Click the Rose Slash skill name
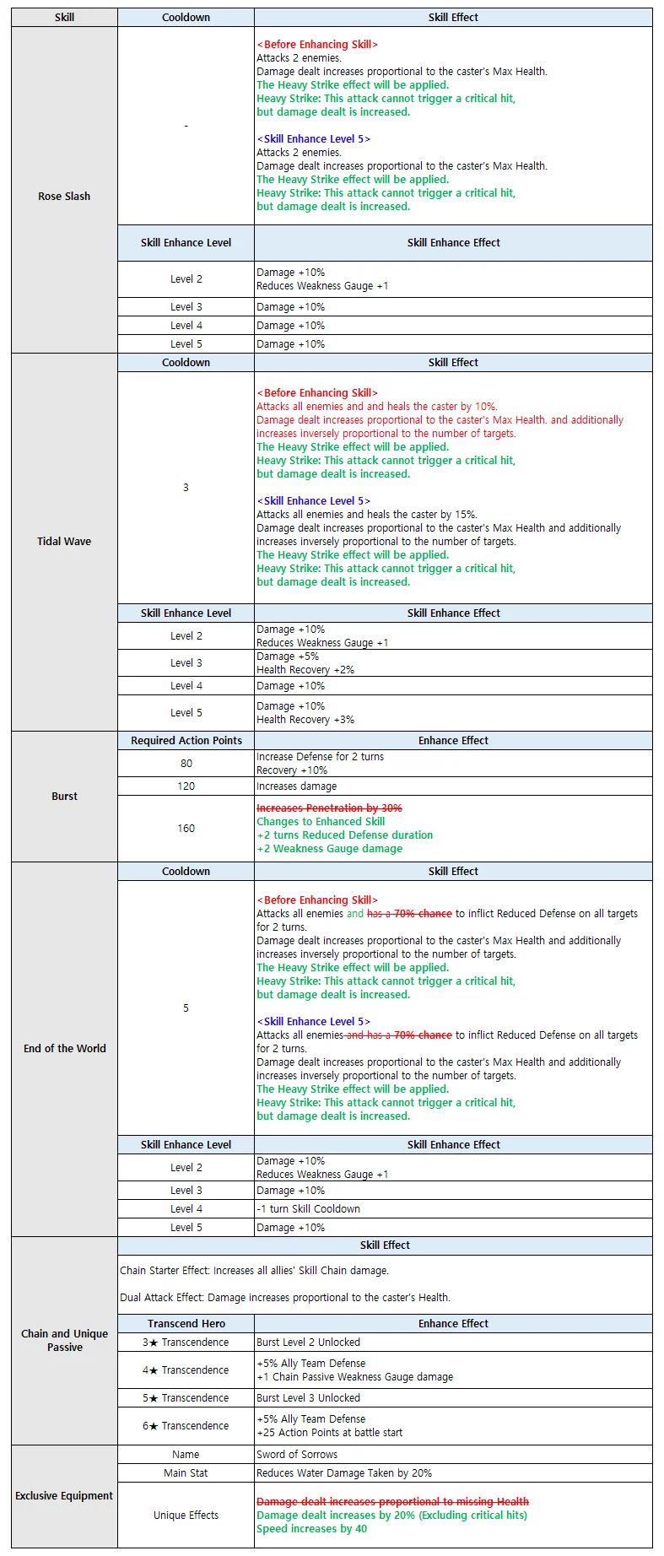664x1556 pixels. (64, 197)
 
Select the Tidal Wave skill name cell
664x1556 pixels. (64, 542)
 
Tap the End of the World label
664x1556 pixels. (65, 1049)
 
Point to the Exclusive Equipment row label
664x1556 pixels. (64, 1496)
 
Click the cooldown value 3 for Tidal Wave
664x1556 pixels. (186, 488)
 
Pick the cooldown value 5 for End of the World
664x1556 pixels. (186, 1008)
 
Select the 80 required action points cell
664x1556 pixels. (186, 764)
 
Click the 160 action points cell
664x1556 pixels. (186, 829)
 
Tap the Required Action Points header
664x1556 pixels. (186, 741)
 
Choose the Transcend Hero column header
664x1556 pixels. (186, 1324)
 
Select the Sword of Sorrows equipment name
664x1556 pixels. (297, 1455)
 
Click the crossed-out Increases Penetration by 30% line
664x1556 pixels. (329, 808)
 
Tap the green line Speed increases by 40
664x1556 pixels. (311, 1529)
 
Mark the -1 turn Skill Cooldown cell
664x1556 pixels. (308, 1209)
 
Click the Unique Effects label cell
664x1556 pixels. (186, 1515)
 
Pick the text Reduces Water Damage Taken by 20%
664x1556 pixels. (344, 1473)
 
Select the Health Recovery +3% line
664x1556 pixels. (305, 720)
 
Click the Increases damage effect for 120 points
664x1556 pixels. (296, 786)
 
